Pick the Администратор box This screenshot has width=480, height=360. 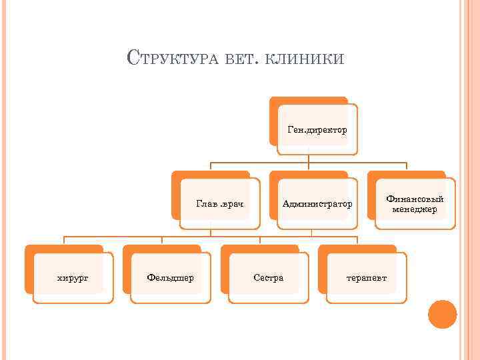coord(317,203)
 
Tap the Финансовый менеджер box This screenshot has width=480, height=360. coord(415,203)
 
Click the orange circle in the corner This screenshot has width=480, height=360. coord(442,315)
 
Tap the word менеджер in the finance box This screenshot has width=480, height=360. coord(415,209)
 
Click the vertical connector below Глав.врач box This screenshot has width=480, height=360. coord(211,232)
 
